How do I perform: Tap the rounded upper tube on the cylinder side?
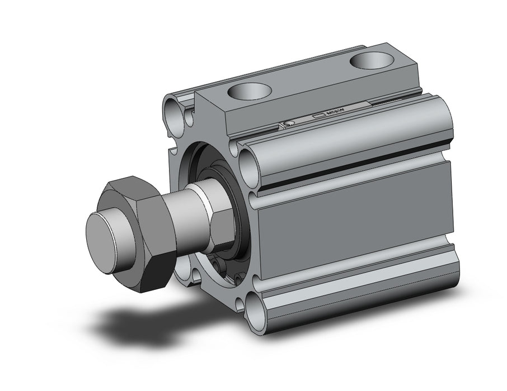[347, 140]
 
